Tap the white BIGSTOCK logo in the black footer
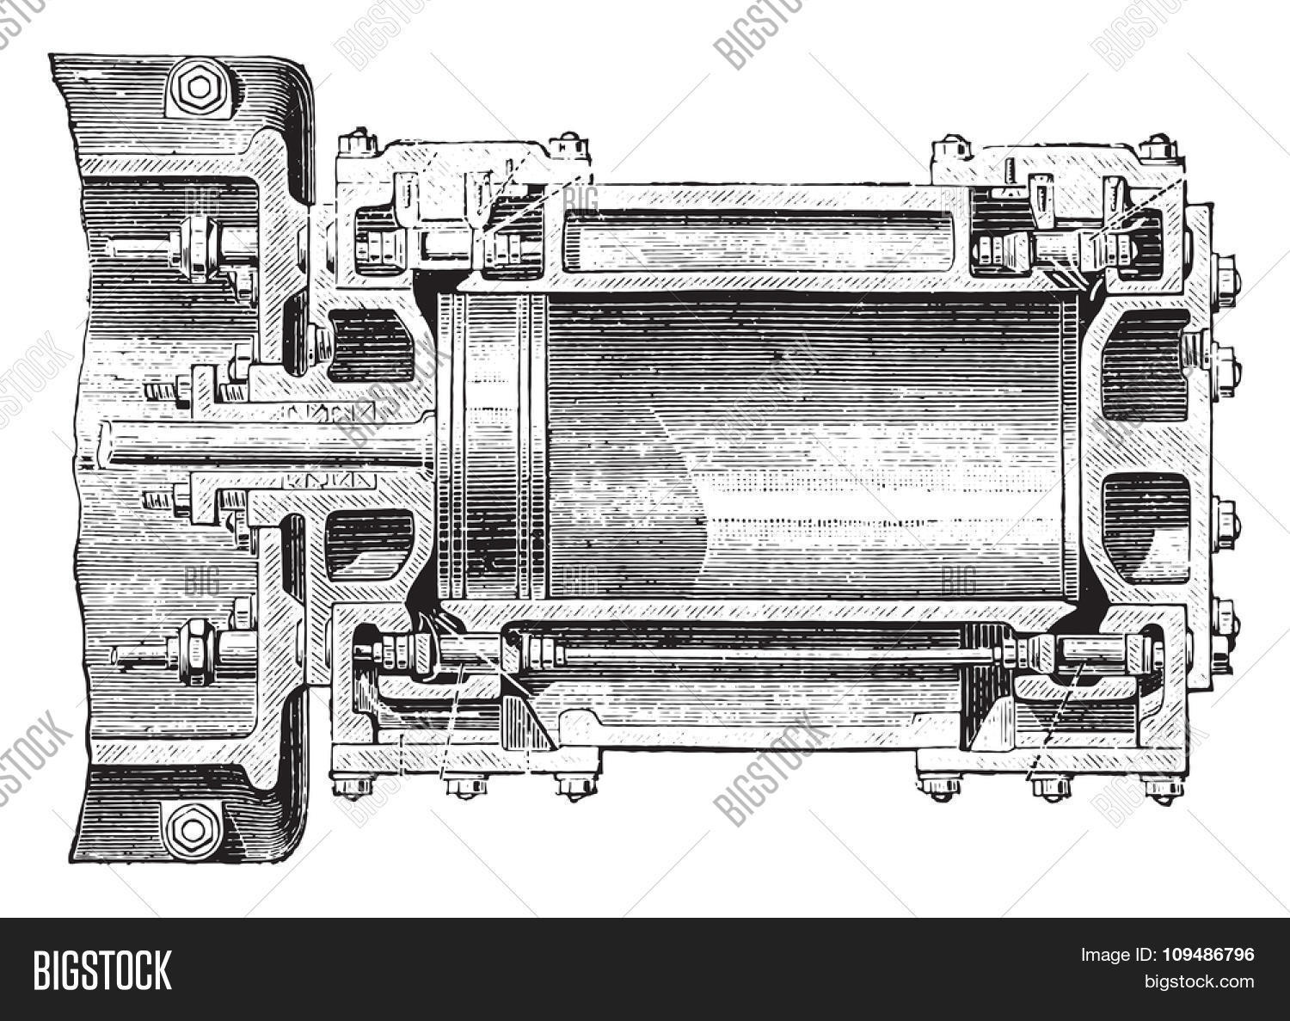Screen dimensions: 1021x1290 [x=102, y=969]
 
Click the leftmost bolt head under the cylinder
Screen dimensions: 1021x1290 [x=354, y=784]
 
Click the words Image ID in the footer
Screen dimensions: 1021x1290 [x=1110, y=955]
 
